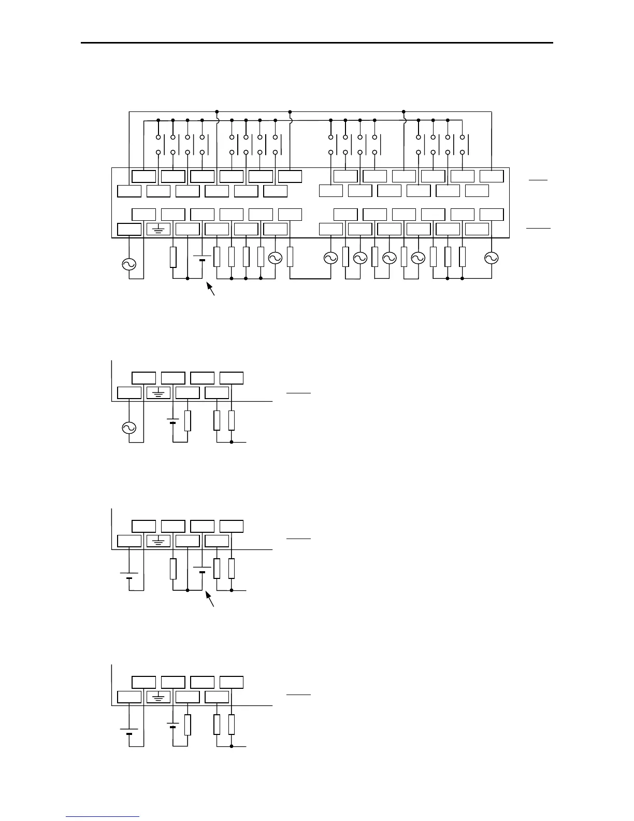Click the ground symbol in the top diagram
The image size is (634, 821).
click(x=159, y=230)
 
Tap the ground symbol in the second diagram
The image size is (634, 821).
click(x=159, y=393)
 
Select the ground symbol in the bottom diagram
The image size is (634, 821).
click(x=159, y=697)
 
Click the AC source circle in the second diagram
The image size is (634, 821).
click(x=128, y=428)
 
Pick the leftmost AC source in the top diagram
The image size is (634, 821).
click(x=128, y=264)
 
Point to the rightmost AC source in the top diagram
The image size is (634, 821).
click(x=491, y=258)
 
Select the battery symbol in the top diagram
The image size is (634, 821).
click(x=202, y=258)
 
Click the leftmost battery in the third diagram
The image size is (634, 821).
click(x=128, y=575)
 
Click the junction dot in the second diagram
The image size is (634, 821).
click(x=232, y=443)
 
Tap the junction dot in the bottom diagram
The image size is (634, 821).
click(x=232, y=746)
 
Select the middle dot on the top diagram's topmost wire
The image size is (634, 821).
click(x=290, y=112)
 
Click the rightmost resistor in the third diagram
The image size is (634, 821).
click(x=232, y=569)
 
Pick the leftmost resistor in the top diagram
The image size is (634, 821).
click(x=174, y=258)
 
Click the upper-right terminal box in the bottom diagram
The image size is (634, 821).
click(x=232, y=682)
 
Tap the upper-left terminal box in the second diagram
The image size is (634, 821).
click(x=143, y=378)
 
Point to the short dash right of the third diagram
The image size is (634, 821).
click(x=298, y=539)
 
